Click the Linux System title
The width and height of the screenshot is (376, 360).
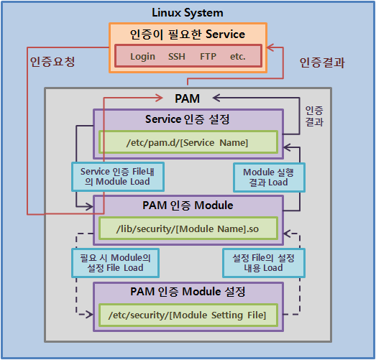(188, 13)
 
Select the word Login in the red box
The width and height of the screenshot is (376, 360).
(142, 57)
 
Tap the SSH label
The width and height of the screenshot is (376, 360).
(177, 57)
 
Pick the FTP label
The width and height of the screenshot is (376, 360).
(208, 57)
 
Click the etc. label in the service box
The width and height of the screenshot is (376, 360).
(238, 57)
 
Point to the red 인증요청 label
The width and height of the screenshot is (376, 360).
(52, 62)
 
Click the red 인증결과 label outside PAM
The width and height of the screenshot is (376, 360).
(322, 63)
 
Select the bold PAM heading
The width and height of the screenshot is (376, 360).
(187, 98)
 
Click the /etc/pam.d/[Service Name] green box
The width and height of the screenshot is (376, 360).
(188, 142)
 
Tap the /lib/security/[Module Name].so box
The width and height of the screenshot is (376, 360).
(188, 229)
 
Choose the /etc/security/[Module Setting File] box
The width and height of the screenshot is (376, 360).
(188, 315)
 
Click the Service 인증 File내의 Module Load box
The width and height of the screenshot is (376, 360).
(118, 177)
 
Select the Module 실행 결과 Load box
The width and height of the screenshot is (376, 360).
(269, 177)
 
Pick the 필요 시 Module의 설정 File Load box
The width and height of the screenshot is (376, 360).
(115, 263)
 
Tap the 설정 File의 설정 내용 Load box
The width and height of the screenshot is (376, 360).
(264, 263)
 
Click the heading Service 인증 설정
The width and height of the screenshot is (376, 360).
(188, 119)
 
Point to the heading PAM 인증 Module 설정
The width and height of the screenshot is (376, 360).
(188, 292)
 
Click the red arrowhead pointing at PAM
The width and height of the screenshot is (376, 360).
(159, 98)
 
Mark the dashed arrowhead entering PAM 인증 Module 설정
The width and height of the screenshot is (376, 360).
(90, 314)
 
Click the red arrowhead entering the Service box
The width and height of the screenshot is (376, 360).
(270, 47)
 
